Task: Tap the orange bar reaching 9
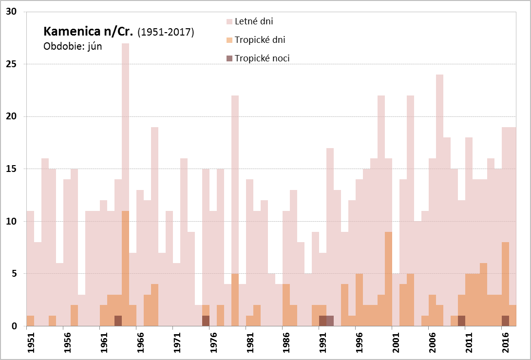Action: click(x=388, y=278)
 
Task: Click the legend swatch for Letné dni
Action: click(x=229, y=21)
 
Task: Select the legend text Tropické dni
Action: click(x=260, y=40)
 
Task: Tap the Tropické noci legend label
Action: click(x=262, y=58)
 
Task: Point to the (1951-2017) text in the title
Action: click(x=166, y=33)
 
